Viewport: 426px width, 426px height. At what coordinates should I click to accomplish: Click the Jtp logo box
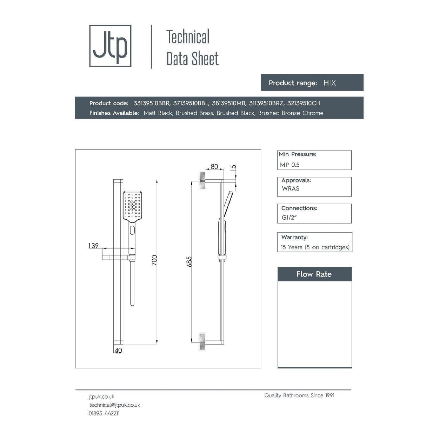(x=110, y=46)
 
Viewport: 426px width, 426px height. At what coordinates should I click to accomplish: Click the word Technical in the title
(x=188, y=37)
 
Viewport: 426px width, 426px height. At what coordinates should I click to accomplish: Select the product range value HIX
(x=330, y=83)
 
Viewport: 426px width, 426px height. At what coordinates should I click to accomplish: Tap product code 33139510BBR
(x=152, y=103)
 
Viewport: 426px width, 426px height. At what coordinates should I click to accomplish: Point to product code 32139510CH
(x=304, y=103)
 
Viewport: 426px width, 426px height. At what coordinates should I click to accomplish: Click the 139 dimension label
(x=93, y=246)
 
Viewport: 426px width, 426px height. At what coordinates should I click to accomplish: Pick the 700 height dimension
(x=154, y=260)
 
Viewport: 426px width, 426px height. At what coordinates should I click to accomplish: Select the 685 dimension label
(x=189, y=262)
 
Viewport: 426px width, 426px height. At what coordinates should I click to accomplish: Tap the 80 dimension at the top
(x=214, y=167)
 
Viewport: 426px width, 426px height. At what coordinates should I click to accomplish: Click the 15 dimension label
(x=233, y=168)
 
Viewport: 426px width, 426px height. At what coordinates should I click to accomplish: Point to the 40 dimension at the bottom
(x=118, y=350)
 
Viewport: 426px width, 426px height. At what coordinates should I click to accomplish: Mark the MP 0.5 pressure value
(x=290, y=165)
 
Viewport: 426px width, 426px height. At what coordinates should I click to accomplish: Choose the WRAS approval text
(x=291, y=188)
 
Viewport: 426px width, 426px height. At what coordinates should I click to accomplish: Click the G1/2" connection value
(x=289, y=218)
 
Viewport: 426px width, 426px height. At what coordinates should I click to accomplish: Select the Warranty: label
(x=294, y=237)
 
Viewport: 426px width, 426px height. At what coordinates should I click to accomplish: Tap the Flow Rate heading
(x=314, y=274)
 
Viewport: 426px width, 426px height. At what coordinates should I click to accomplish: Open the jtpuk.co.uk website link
(x=101, y=397)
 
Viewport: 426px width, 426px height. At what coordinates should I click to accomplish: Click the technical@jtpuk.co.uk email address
(x=115, y=405)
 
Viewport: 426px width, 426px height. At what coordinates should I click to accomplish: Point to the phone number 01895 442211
(x=104, y=413)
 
